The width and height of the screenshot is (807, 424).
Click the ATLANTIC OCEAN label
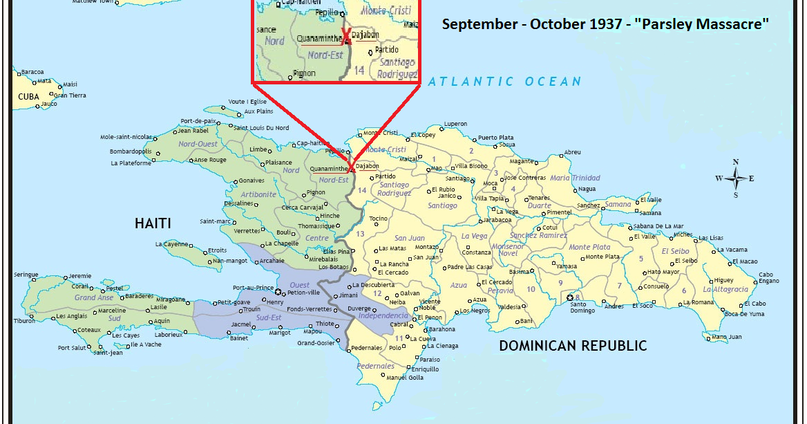click(504, 82)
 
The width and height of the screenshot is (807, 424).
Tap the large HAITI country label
click(153, 223)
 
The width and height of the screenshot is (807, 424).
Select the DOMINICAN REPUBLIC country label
click(573, 346)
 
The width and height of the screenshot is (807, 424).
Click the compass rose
click(735, 178)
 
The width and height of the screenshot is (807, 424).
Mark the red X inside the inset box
click(347, 37)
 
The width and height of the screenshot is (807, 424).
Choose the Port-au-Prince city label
click(254, 288)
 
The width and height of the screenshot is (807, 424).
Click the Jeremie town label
click(80, 276)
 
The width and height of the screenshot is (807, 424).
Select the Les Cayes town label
click(127, 335)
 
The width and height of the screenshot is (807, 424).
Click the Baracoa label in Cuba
click(32, 72)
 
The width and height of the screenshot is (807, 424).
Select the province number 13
click(359, 234)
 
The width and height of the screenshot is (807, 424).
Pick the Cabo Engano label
click(768, 278)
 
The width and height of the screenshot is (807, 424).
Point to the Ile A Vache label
click(145, 344)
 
